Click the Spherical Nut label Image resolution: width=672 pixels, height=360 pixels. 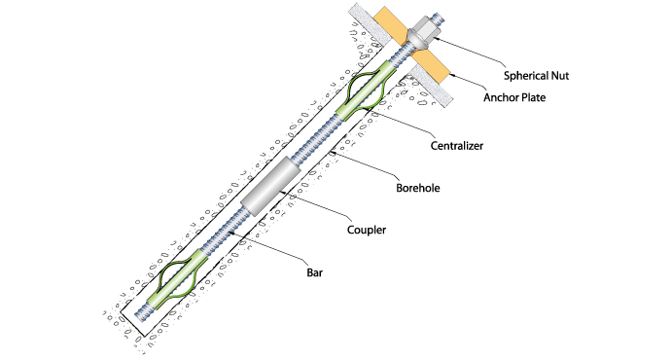(536, 76)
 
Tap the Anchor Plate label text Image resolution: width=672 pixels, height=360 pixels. (514, 97)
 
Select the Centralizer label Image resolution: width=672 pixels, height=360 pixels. (457, 146)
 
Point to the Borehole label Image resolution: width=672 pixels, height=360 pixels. (418, 188)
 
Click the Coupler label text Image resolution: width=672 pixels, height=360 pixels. (367, 230)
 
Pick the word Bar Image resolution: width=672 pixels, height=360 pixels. (314, 272)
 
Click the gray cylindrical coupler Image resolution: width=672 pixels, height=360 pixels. (270, 186)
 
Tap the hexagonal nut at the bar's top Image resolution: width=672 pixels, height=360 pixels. (426, 27)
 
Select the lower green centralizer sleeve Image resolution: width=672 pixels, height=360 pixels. (177, 278)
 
